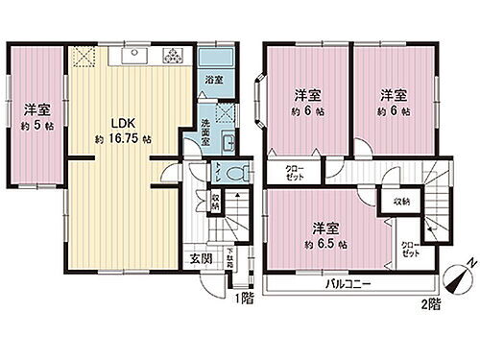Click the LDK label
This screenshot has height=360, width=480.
(119, 123)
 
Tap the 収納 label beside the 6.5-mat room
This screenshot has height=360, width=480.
(400, 201)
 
